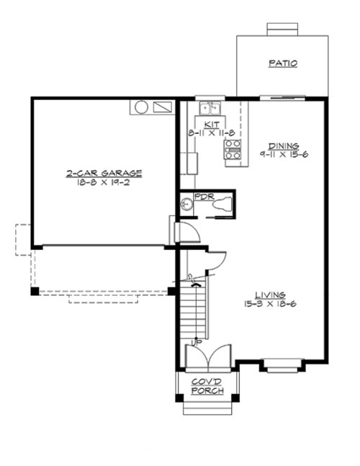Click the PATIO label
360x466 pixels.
283,63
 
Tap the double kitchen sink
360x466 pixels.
210,108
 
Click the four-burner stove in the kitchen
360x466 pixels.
233,149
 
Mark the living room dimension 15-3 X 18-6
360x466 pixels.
271,304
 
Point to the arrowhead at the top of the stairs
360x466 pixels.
193,285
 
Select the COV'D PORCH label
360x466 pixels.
207,386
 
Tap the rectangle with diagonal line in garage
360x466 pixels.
163,107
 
